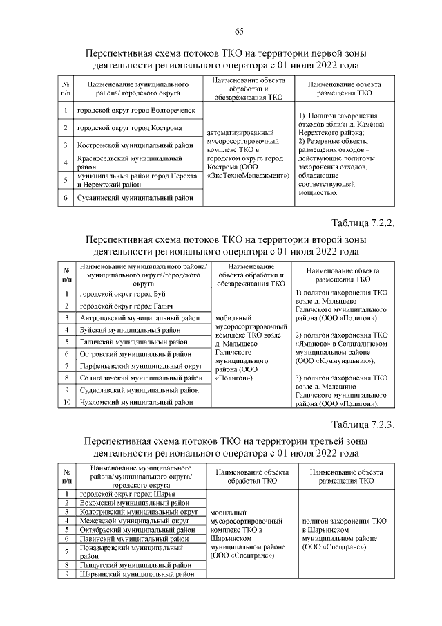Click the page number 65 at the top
[x=239, y=32]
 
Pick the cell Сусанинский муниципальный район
[x=134, y=198]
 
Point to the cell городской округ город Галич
[x=124, y=306]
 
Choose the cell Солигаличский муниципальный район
[x=139, y=378]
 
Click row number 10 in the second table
[x=67, y=401]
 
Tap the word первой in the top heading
[x=303, y=54]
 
